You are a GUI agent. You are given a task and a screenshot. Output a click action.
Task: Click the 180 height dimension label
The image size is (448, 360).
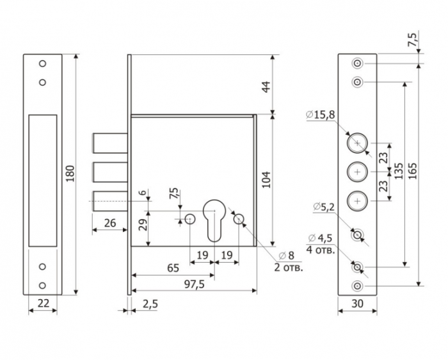70,174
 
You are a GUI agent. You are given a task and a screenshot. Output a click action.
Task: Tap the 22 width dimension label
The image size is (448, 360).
44,303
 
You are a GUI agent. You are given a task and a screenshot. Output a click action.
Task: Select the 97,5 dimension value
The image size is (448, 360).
194,284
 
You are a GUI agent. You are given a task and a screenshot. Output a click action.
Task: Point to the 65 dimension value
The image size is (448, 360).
173,268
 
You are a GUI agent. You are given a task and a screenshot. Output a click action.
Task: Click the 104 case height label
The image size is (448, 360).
266,179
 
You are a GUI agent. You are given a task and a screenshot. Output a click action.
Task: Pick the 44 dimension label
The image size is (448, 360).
266,86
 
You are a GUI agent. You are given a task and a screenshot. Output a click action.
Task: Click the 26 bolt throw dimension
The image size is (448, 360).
110,223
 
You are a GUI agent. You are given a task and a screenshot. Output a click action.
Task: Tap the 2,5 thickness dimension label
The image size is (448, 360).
150,304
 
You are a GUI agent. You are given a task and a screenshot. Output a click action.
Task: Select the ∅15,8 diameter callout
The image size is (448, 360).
321,115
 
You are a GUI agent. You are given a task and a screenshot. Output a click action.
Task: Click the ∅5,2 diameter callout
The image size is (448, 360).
324,206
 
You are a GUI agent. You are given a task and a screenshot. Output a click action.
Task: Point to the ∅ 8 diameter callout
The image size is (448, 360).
286,256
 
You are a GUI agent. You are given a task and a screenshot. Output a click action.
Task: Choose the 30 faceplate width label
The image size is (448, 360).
357,304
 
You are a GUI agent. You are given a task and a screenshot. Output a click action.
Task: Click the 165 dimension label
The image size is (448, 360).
412,171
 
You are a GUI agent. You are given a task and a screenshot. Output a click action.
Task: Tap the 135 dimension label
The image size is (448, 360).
399,171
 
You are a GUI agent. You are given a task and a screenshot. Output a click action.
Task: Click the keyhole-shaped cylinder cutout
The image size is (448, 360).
214,220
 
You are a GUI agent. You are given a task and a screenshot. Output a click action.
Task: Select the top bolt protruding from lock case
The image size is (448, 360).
110,143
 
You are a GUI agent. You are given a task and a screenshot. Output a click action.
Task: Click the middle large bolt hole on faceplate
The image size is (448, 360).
357,172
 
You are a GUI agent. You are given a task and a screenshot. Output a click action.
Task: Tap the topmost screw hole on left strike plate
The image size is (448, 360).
43,63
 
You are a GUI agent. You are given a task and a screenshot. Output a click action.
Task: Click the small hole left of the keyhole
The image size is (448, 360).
190,219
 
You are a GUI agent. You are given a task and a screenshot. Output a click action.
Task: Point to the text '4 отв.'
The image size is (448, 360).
320,250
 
